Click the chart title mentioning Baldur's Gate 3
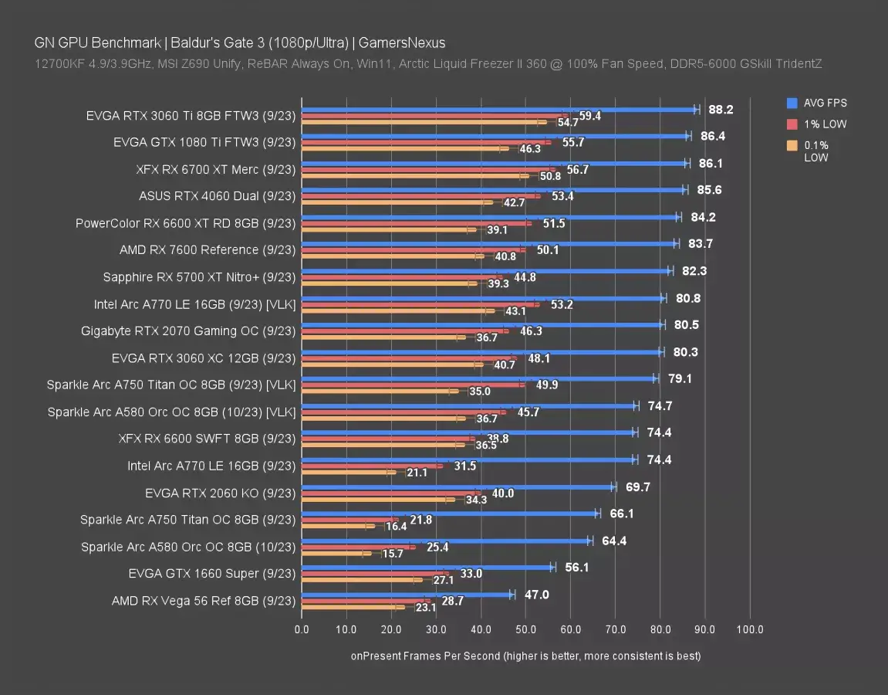tap(239, 43)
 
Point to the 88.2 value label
tap(721, 110)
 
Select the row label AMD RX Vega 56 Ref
tap(204, 600)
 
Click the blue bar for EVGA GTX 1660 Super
tap(427, 567)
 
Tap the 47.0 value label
tap(537, 594)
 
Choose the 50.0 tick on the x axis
tap(525, 629)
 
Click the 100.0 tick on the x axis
tap(750, 629)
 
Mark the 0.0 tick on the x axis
tap(302, 629)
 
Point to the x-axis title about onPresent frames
tap(525, 656)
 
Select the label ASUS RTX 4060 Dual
tap(217, 196)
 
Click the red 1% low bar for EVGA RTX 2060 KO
tap(391, 493)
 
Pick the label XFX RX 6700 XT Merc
tap(215, 169)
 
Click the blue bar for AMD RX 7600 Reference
tap(489, 244)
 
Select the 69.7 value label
tap(637, 486)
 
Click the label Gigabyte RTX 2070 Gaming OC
tap(188, 331)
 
